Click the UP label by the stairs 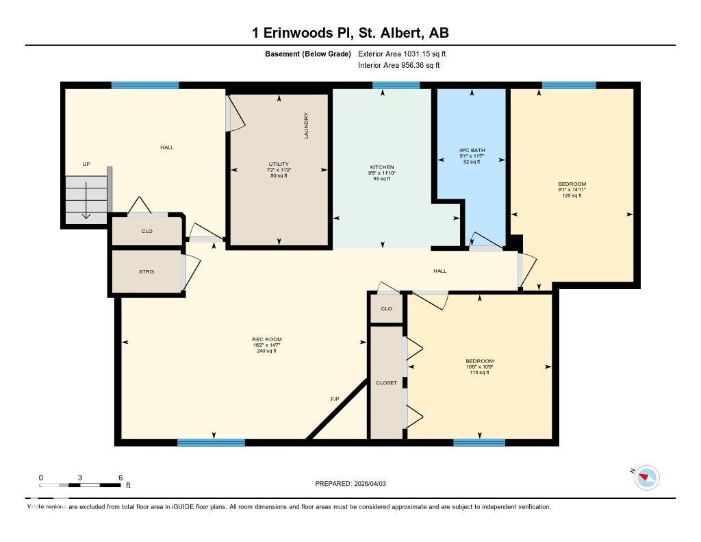coord(86,164)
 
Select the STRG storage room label coord(146,271)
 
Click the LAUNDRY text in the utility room coord(306,126)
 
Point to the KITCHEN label coord(382,167)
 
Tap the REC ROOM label coord(266,339)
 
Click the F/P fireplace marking coord(335,398)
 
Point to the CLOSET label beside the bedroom coord(386,383)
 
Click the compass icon coord(646,477)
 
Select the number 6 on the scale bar coord(120,477)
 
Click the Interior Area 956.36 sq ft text coord(398,65)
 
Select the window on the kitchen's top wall coord(396,85)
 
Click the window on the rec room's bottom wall coord(211,443)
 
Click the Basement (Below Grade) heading coord(307,53)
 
